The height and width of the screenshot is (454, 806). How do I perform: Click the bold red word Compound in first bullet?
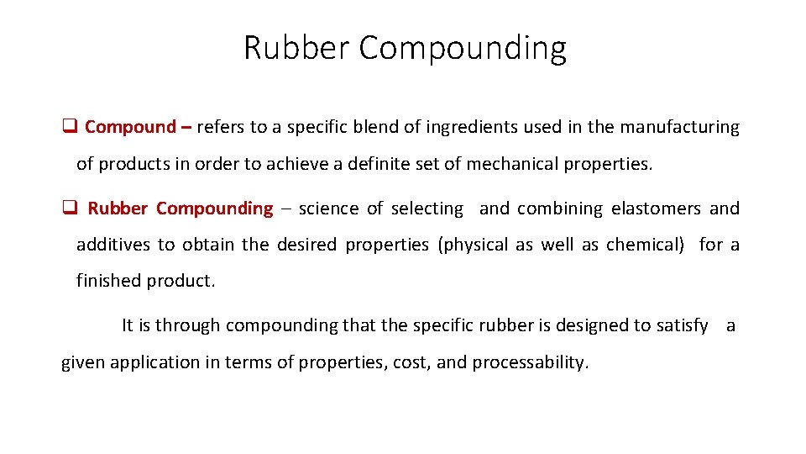[x=129, y=127]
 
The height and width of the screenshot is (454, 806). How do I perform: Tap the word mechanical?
[x=509, y=164]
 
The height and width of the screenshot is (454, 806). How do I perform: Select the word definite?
[x=385, y=164]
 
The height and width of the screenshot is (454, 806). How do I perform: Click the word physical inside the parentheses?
[x=474, y=245]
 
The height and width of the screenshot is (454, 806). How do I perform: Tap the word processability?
[x=530, y=362]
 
